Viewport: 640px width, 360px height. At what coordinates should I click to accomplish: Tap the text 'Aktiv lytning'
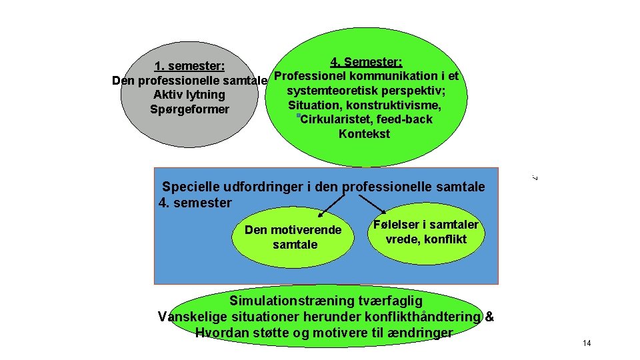click(189, 95)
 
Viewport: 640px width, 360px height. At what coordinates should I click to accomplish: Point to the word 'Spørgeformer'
click(191, 109)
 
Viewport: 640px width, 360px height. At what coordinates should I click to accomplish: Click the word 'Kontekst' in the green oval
click(364, 134)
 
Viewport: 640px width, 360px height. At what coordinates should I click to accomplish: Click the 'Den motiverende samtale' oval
click(294, 237)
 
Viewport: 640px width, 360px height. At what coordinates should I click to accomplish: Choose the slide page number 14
click(587, 343)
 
